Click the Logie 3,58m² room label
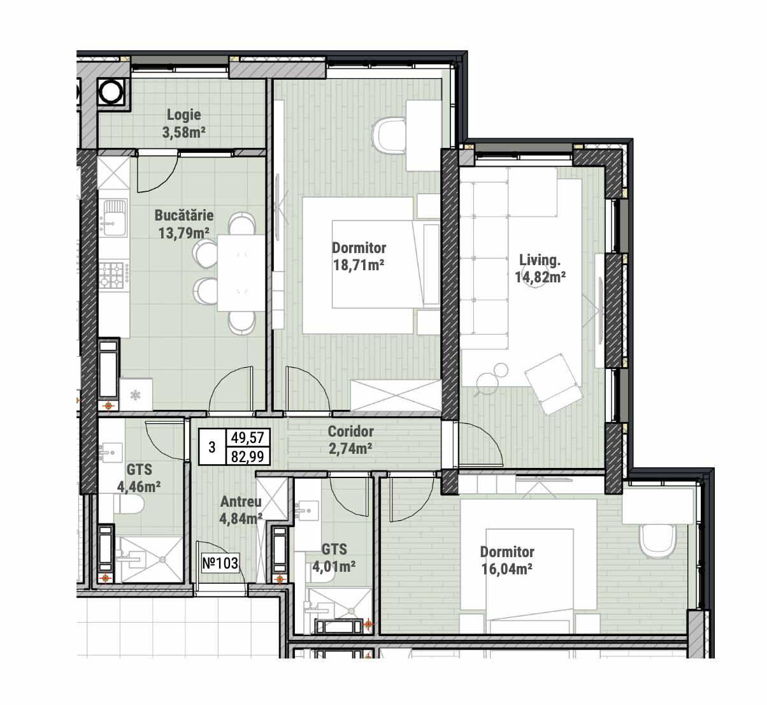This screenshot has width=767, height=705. coord(184,123)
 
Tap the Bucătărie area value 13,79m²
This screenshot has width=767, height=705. coord(184,233)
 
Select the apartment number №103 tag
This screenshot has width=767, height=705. coord(220,563)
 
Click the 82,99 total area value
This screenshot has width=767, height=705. coord(247,456)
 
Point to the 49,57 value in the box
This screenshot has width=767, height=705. coord(247,437)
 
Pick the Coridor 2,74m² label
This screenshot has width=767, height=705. coord(350,440)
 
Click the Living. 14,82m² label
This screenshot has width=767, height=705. coord(540,268)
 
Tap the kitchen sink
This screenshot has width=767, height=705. coord(113,217)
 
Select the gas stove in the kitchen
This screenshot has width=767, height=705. coord(113,275)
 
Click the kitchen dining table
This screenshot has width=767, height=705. coord(241,273)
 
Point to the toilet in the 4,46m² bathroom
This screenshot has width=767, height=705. coord(129,504)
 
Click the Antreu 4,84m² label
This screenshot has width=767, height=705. coord(241,510)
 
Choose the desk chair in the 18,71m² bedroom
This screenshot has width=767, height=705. coord(389,136)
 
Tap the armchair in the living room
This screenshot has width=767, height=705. coord(553,384)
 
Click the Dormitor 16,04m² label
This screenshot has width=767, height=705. coord(507,560)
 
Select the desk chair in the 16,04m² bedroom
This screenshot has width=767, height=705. coord(657,541)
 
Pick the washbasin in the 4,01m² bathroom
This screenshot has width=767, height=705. coord(308,510)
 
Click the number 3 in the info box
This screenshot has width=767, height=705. coord(212,447)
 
